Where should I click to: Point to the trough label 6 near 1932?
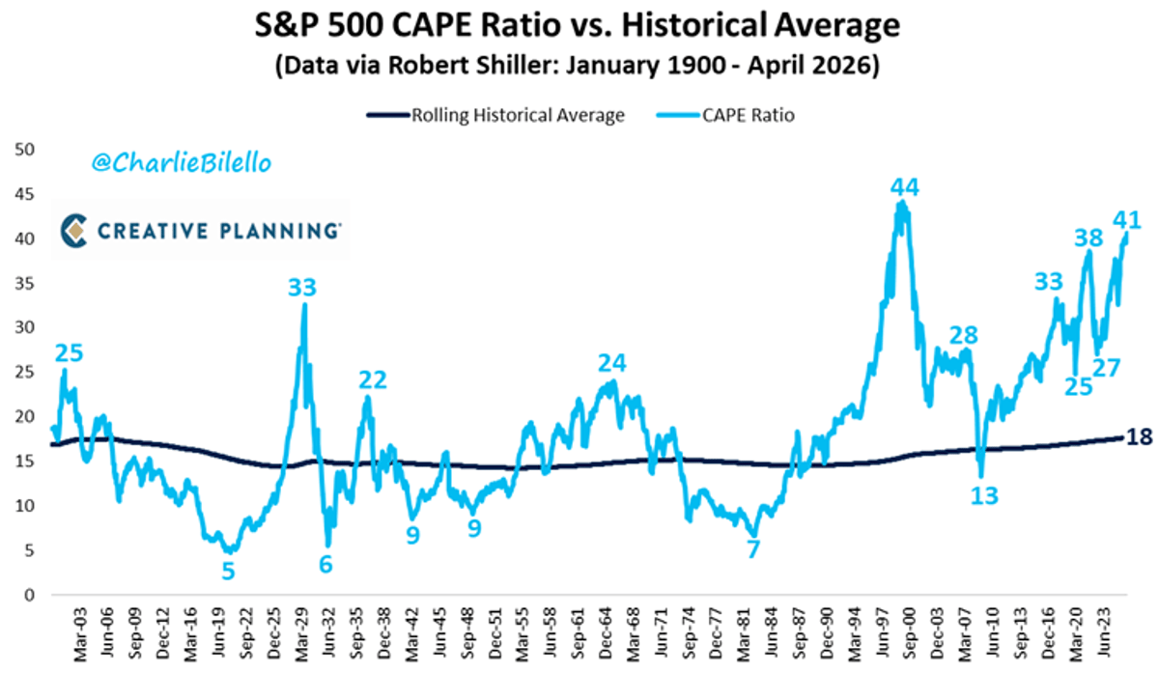click(x=326, y=564)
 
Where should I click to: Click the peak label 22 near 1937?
click(x=374, y=379)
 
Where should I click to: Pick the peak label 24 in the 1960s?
click(x=611, y=363)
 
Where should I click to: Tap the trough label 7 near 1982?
click(x=753, y=548)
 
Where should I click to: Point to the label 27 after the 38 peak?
click(x=1106, y=368)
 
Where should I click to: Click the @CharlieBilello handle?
click(x=182, y=163)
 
